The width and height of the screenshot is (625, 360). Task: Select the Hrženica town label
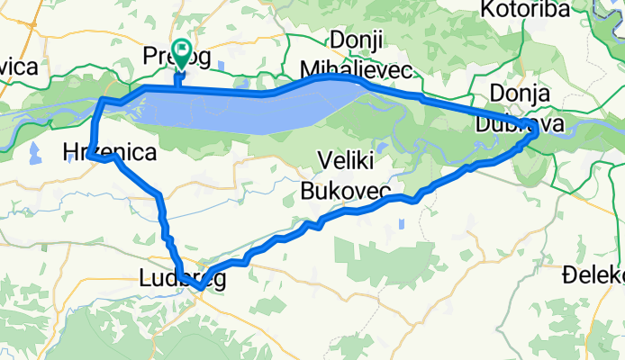[109, 152]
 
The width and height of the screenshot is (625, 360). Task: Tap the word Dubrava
[528, 121]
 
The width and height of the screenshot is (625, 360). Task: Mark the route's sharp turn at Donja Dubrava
[535, 131]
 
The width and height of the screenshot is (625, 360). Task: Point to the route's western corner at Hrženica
[93, 157]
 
